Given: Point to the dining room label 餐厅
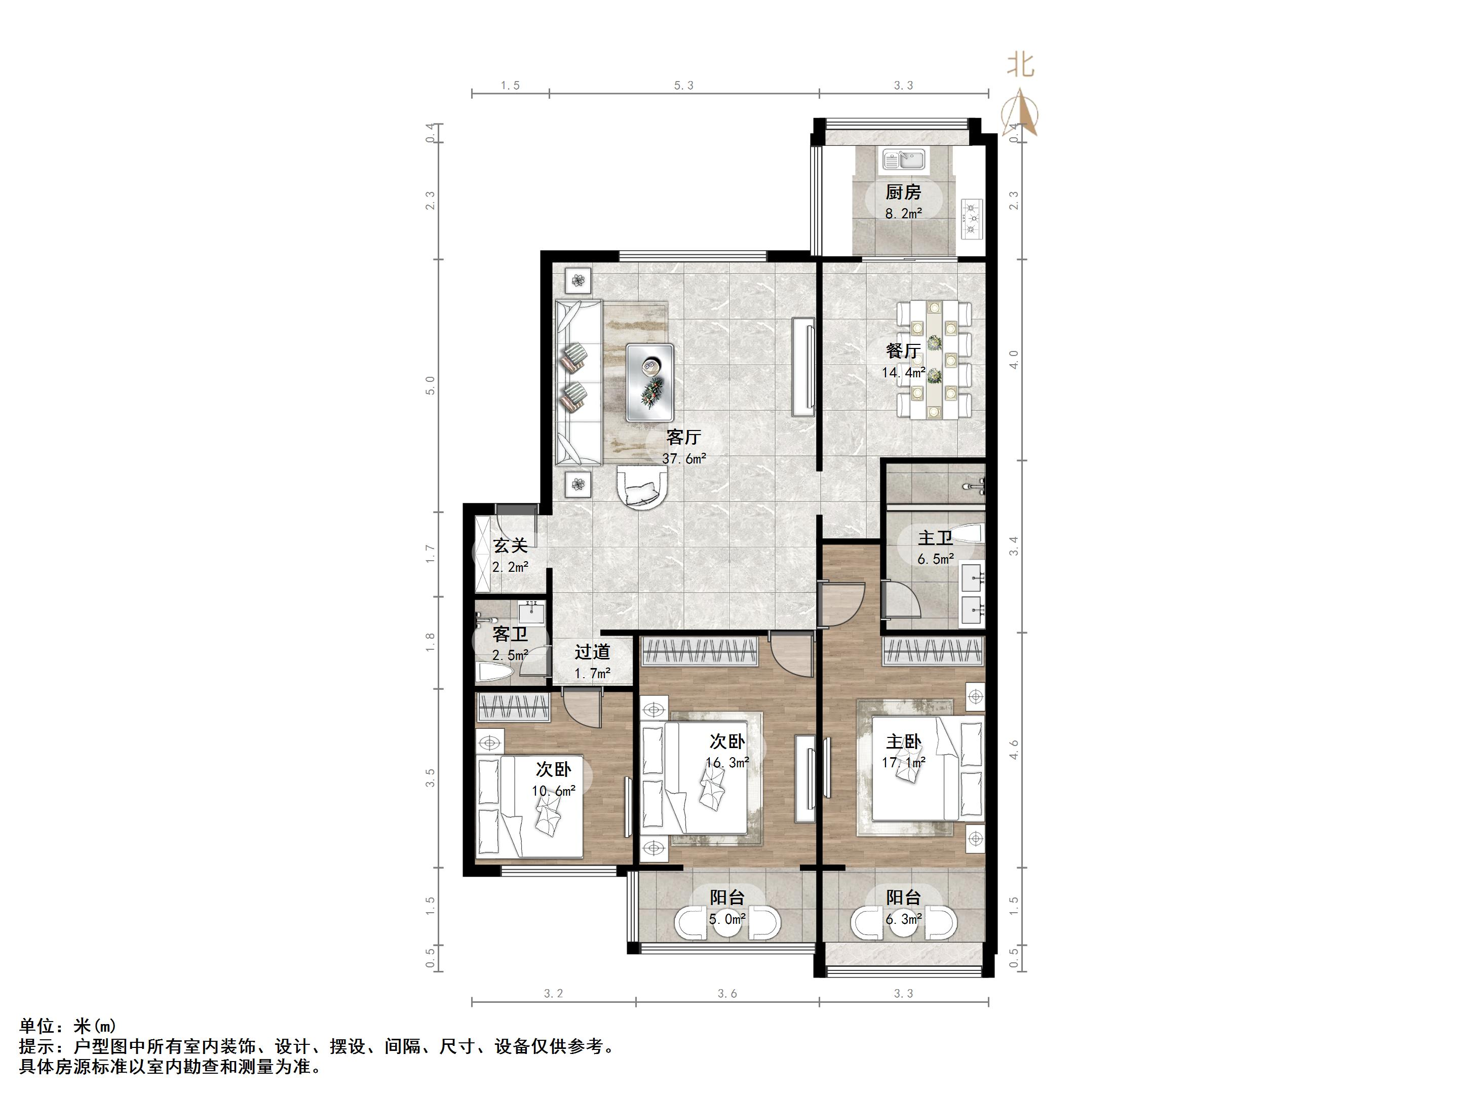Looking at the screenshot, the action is pyautogui.click(x=903, y=350).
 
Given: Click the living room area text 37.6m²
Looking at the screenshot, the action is pyautogui.click(x=684, y=458).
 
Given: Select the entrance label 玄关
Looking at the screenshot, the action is pyautogui.click(x=511, y=546).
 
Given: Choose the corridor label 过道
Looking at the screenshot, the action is pyautogui.click(x=592, y=652).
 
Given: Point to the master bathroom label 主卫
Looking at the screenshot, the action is pyautogui.click(x=935, y=538).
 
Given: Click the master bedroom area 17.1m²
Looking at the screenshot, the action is pyautogui.click(x=904, y=762).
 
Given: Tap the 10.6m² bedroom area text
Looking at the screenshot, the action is pyautogui.click(x=554, y=790).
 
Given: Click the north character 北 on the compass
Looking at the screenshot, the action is pyautogui.click(x=1020, y=65).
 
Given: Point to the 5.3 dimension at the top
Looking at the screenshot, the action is pyautogui.click(x=684, y=85).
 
